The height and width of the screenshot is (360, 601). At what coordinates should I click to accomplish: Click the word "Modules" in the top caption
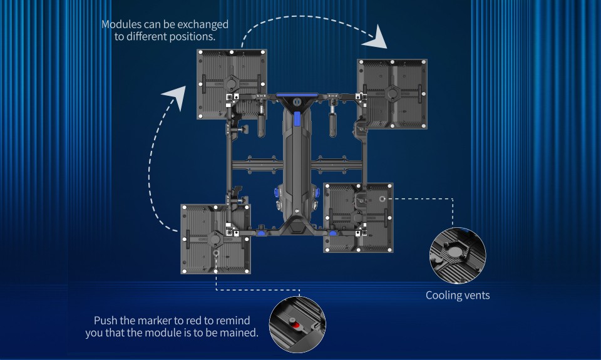pos(120,24)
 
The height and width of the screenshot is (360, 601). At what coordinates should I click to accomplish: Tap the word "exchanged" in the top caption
pos(204,24)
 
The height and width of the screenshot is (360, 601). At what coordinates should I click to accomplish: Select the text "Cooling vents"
pos(458,295)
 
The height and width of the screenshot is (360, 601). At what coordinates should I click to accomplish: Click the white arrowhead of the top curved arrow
pos(376,38)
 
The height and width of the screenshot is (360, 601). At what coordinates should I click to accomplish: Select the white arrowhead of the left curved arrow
pos(175,98)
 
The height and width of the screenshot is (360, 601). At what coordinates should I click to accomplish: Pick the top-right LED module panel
pos(392,93)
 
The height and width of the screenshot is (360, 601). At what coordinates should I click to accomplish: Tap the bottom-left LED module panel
pos(215,239)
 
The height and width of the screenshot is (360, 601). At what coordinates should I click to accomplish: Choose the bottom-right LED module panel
pos(358,217)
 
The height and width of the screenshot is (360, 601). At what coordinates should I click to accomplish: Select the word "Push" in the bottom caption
pos(105,321)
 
